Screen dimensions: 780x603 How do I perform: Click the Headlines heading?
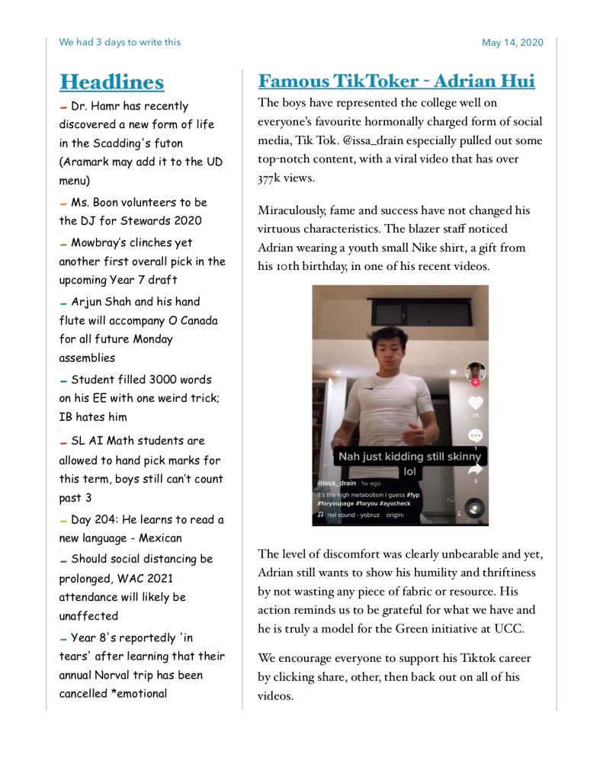pos(111,82)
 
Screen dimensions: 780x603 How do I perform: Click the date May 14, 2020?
pos(512,43)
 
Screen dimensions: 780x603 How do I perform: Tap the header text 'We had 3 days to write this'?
pos(120,42)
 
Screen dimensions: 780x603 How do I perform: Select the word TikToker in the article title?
pos(385,81)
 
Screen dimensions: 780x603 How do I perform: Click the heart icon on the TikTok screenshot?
pos(476,403)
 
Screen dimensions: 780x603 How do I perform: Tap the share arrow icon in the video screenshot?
pos(476,470)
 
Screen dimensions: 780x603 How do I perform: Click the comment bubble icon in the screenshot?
pos(476,435)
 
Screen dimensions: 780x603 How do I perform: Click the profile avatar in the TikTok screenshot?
pos(476,371)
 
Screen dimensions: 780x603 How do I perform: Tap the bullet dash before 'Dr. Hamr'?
pos(63,108)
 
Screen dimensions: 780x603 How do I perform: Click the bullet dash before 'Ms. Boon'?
pos(63,204)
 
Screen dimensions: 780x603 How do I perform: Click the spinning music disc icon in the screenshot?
pos(476,509)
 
